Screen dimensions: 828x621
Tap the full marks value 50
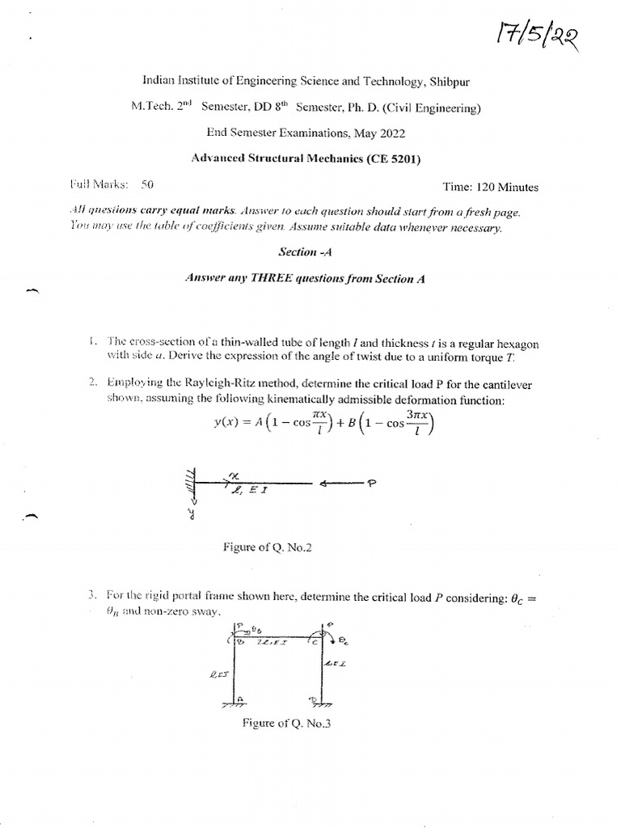(147, 185)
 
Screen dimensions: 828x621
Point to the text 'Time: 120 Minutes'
(490, 187)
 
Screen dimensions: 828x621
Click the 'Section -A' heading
(305, 251)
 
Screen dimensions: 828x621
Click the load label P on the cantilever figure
(373, 484)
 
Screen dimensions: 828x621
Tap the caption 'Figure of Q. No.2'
(267, 547)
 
